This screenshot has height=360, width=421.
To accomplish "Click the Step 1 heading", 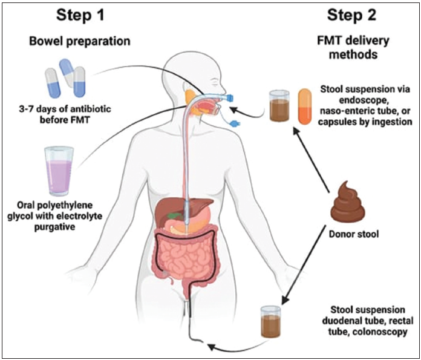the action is [x=80, y=15].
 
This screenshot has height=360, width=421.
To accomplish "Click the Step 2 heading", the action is [x=351, y=15].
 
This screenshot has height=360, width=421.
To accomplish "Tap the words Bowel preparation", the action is [x=80, y=42].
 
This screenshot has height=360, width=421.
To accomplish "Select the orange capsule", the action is [x=305, y=106].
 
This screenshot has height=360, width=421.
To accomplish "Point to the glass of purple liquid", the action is [x=59, y=171].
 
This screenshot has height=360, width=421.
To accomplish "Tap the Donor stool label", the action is [x=354, y=234].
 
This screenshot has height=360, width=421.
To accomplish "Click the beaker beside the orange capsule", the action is [x=279, y=106].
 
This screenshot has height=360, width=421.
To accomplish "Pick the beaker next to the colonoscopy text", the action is [x=271, y=321].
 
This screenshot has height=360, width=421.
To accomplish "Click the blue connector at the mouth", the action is [x=230, y=98].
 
